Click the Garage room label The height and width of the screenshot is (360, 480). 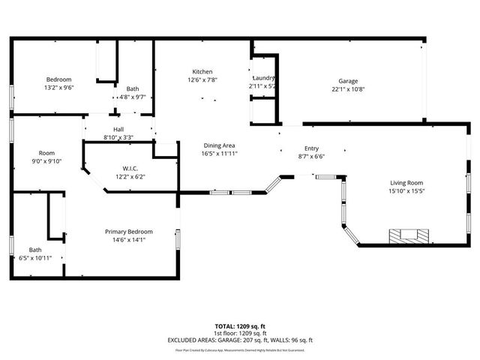tap(348, 81)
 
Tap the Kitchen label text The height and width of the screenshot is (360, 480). tap(202, 71)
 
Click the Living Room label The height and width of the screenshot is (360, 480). tap(406, 183)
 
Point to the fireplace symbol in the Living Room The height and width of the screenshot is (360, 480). tap(409, 235)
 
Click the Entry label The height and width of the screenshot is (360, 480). tap(311, 148)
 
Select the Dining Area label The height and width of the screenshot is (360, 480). tap(219, 145)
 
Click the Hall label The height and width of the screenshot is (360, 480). tap(118, 129)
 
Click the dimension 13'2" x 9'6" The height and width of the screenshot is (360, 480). tap(58, 88)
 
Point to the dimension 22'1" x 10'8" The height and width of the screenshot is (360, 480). tap(348, 89)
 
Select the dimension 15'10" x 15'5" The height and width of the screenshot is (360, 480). tap(406, 191)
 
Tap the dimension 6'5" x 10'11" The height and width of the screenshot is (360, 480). tap(35, 258)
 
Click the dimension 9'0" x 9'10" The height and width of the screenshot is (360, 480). tap(46, 160)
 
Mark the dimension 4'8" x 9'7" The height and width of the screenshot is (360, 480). tap(132, 97)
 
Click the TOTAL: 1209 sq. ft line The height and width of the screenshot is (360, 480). tap(240, 326)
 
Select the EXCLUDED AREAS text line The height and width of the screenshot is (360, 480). tap(240, 340)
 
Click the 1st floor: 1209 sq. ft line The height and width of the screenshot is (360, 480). tap(240, 333)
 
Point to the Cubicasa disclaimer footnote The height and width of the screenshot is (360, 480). tap(240, 349)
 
